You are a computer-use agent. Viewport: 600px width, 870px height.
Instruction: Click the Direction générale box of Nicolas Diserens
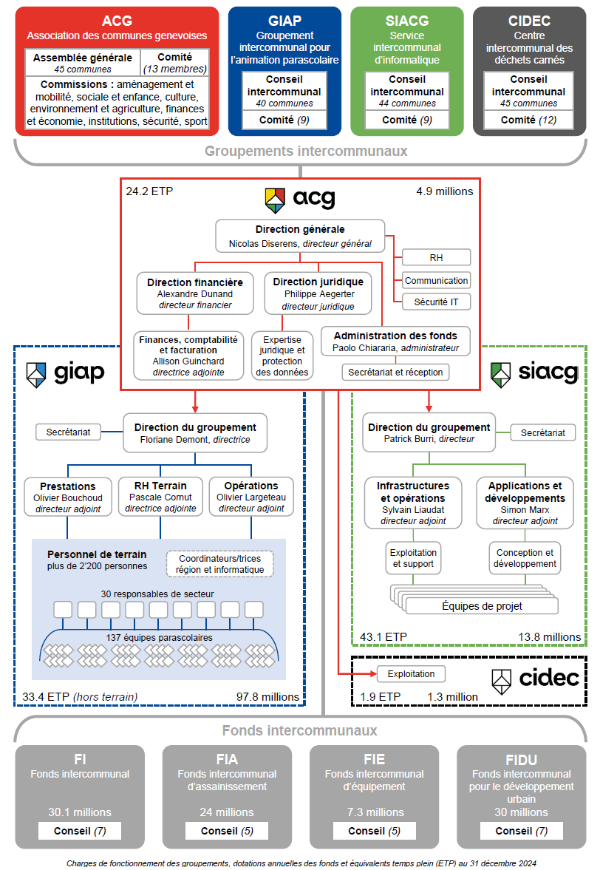300,235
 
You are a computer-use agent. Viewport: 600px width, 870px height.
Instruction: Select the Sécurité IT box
436,301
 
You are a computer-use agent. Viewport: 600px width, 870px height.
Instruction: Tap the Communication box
436,280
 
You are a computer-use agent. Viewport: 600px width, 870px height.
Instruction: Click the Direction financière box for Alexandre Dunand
194,293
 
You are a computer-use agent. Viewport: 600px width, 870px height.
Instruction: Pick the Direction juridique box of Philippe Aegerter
318,293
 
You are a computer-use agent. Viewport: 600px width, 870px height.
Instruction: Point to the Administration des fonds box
395,341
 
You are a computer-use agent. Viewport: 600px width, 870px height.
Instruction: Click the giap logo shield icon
37,374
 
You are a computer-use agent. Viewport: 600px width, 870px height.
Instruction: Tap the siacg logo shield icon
501,373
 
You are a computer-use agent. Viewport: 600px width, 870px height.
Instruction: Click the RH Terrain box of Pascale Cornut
160,497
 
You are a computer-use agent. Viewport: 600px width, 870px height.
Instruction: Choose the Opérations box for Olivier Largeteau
251,497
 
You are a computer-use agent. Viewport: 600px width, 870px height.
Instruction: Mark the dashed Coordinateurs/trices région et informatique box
220,563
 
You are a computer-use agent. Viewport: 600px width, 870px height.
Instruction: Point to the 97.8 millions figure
267,696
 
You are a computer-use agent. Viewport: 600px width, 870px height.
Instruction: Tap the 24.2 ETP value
150,191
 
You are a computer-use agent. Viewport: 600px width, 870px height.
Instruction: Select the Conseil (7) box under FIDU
521,831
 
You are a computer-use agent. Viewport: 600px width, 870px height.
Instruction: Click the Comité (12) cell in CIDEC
528,120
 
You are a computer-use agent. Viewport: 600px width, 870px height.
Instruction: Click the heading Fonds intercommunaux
300,730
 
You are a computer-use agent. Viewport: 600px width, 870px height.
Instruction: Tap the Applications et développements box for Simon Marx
525,503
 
